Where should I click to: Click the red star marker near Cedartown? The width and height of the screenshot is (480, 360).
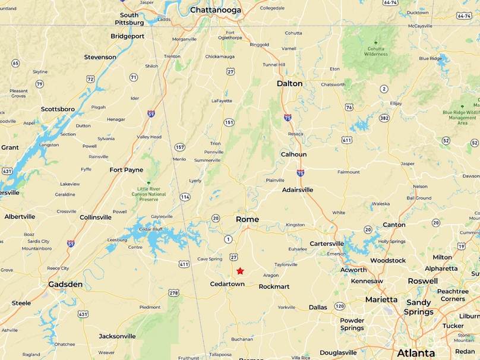240,271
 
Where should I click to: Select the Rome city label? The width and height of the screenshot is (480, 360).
247,219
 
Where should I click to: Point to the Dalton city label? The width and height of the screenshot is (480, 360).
289,84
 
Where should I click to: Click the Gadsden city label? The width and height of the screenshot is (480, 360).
65,285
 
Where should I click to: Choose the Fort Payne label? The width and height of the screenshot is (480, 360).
126,170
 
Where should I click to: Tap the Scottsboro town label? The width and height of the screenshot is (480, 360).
58,109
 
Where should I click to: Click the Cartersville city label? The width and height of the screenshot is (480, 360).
327,244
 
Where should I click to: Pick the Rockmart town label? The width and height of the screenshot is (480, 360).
274,286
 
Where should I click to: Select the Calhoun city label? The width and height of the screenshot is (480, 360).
293,154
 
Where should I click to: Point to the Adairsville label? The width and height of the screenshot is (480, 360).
298,190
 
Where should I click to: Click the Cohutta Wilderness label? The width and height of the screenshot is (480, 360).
375,51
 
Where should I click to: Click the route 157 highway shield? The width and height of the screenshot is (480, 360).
179,147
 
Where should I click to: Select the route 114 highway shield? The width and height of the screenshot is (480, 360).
185,197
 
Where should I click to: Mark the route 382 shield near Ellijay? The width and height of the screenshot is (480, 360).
384,118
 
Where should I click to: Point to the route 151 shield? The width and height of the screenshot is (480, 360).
229,122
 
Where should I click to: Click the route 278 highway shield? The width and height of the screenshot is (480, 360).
173,293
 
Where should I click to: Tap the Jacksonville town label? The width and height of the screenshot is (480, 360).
117,336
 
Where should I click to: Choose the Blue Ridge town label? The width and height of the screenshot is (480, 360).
431,58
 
